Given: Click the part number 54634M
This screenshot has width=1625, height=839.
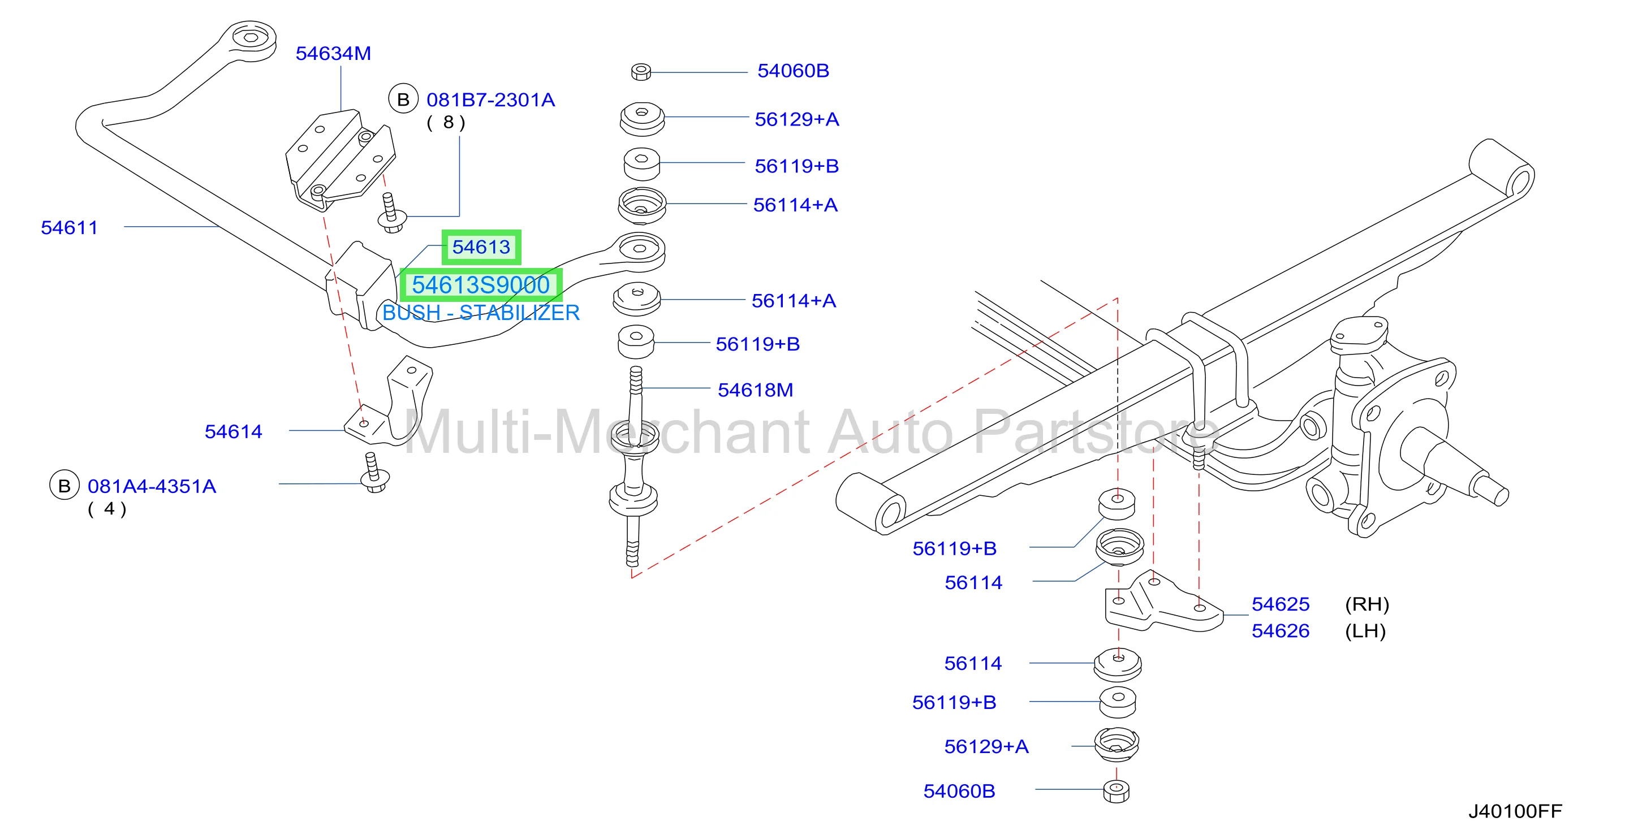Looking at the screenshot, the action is coord(333,54).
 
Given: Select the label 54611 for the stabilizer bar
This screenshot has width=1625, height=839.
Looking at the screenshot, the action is coord(70,227).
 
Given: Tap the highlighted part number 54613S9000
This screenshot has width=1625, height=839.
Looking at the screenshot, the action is coord(481,285).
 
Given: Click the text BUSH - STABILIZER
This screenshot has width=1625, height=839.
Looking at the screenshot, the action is coord(481,313).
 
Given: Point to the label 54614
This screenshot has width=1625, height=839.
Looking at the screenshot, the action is coord(234,432).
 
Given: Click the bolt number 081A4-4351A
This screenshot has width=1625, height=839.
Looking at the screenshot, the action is coord(152,487).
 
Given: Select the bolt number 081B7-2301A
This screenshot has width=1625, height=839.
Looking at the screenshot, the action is coord(491,100).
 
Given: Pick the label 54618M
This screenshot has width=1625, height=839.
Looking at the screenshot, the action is coord(755,390).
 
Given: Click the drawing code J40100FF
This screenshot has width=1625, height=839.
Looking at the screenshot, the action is coord(1515,811).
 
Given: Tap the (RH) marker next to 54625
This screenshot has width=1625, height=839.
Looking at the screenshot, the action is coord(1367,604).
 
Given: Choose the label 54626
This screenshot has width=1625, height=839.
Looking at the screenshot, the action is coord(1281,631).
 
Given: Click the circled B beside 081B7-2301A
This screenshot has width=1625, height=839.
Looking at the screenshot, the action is coord(403,99).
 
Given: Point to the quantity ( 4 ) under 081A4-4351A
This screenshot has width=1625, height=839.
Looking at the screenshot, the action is coord(107,509).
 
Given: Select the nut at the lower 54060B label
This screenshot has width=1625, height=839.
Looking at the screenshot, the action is coord(1117,791).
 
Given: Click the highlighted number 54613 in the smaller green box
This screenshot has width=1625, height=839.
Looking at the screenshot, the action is coord(481,247).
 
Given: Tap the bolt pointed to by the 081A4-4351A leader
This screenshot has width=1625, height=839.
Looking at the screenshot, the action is coord(374,474).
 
